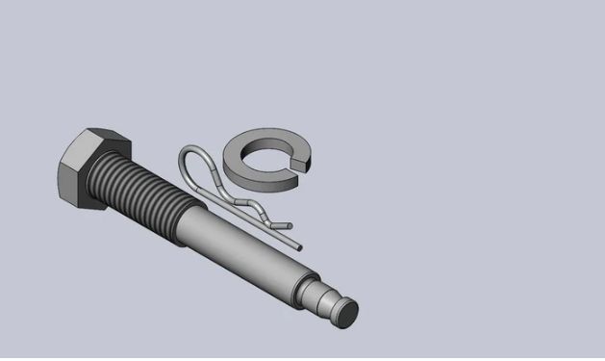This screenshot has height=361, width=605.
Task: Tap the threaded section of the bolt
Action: [x=144, y=198]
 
